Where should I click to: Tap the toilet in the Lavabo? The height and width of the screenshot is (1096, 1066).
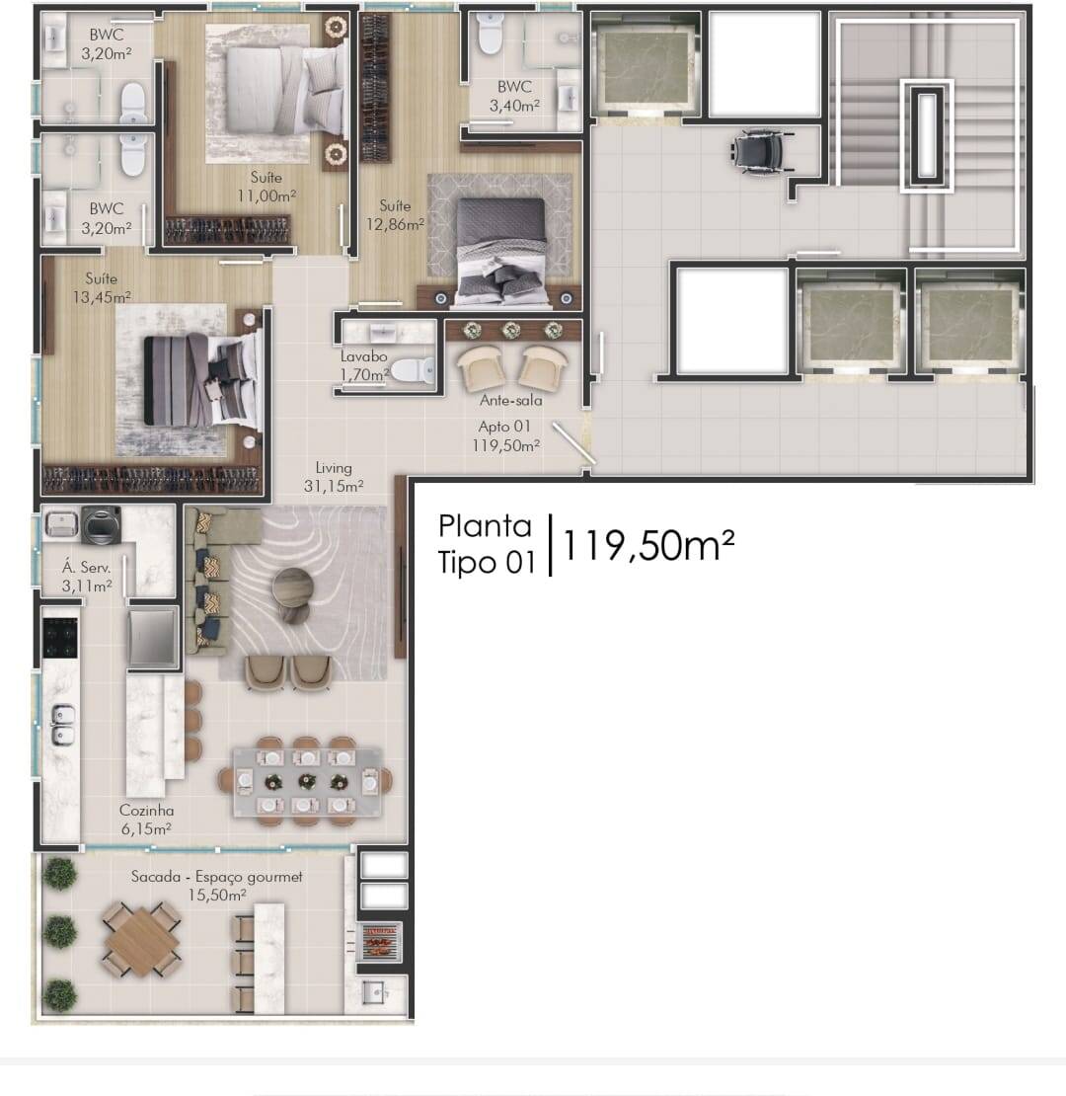tap(413, 370)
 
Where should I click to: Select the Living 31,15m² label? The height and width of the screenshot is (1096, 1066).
tap(334, 478)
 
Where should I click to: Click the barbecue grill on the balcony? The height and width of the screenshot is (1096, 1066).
tap(379, 942)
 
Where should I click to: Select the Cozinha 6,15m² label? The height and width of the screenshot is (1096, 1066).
tap(146, 820)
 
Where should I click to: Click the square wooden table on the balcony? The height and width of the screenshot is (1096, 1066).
tap(142, 941)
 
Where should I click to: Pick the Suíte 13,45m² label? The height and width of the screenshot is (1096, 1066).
tap(102, 288)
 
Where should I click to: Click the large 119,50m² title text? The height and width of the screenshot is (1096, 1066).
tap(647, 546)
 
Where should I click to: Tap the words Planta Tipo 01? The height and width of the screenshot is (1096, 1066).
tap(487, 544)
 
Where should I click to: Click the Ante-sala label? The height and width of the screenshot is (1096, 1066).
tap(510, 401)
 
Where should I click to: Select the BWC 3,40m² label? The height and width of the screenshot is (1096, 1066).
tap(514, 97)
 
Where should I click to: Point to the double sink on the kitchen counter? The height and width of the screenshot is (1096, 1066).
tap(62, 724)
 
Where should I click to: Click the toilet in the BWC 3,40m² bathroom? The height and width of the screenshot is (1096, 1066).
tap(489, 34)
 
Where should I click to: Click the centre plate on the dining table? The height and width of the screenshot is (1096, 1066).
tap(306, 781)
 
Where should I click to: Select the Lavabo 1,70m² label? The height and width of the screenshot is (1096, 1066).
tap(364, 365)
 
